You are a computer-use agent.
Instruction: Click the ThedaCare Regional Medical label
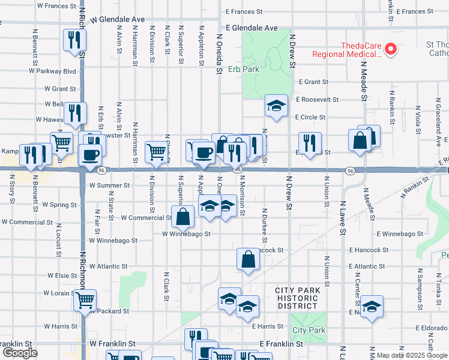(346, 50)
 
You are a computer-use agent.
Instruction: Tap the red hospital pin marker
(391, 49)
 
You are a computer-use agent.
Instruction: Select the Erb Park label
(243, 69)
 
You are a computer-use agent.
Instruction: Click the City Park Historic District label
(297, 298)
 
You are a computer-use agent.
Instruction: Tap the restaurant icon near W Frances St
(74, 40)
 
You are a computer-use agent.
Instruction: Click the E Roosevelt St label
(317, 100)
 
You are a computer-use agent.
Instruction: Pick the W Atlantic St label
(108, 266)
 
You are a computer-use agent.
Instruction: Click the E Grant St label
(312, 82)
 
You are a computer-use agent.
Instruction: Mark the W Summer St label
(110, 185)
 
